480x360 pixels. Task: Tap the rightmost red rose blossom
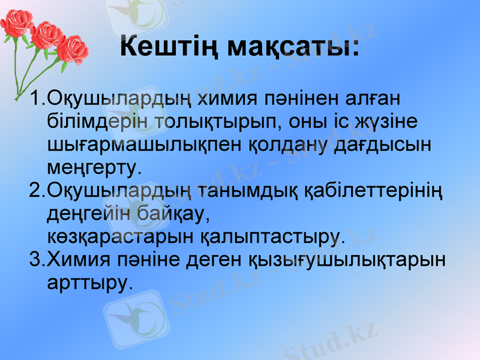[x=74, y=48]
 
